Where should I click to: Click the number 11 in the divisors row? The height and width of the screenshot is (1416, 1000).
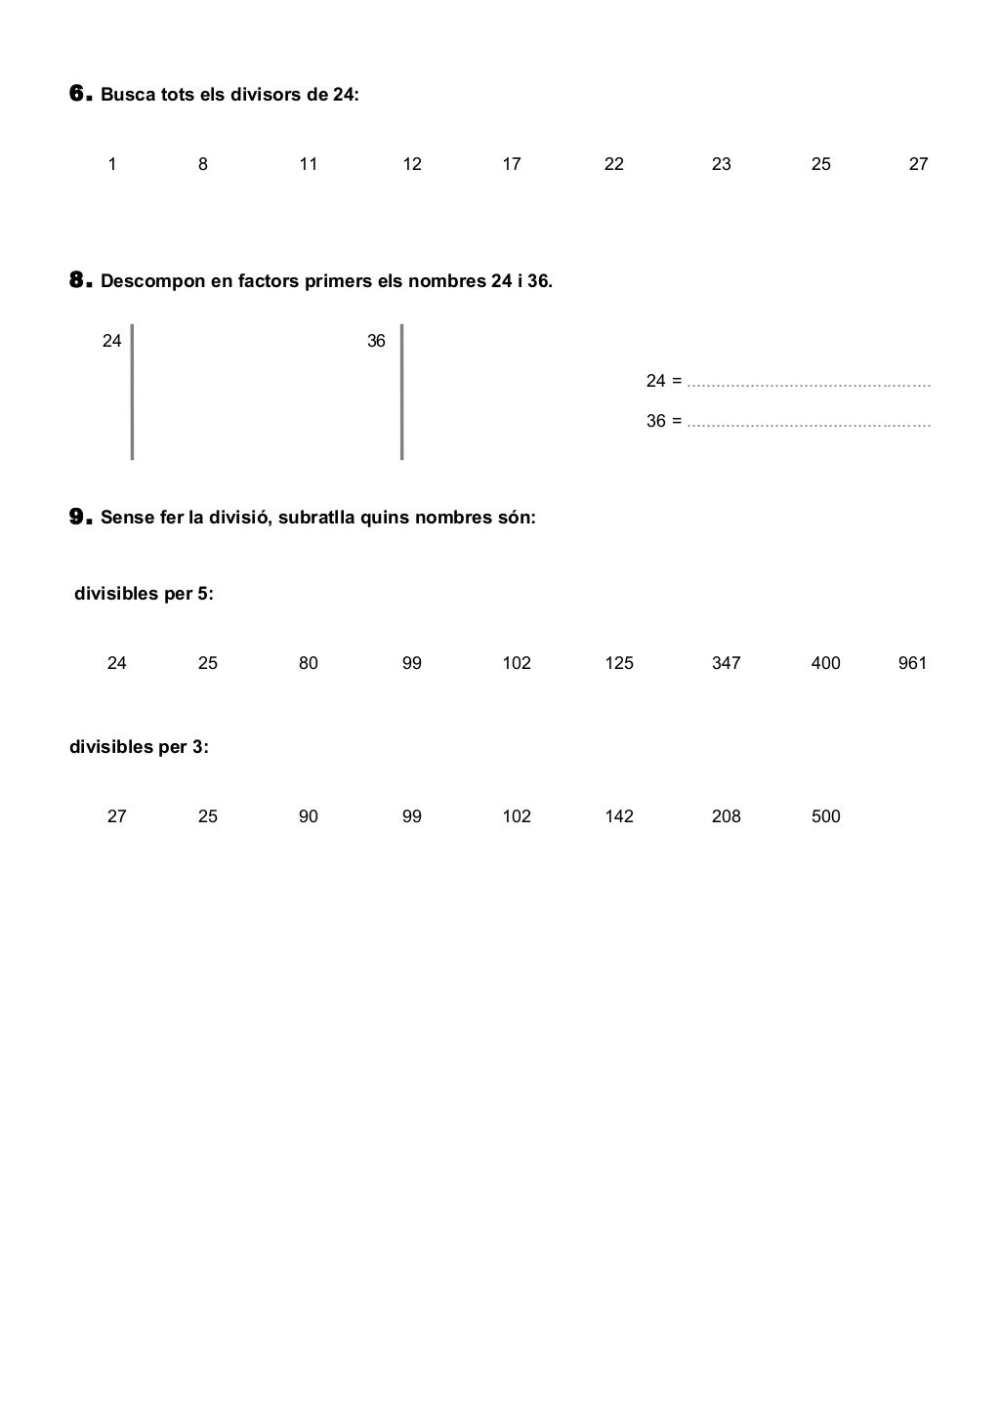coord(309,164)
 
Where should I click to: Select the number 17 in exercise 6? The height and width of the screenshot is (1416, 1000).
coord(512,164)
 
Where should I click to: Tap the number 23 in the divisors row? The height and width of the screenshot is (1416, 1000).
coord(722,164)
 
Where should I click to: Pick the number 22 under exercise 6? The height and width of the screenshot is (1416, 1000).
coord(614,164)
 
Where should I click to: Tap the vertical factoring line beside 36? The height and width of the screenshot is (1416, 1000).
coord(401,392)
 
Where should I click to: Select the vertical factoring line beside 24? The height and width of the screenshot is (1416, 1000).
coord(132,392)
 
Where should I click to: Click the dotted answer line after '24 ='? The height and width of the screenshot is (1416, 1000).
coord(809,383)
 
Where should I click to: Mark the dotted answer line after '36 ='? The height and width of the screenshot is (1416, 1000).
coord(809,424)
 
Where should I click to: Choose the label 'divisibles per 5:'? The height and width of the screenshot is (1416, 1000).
coord(144,594)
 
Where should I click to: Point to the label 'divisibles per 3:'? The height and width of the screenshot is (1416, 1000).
coord(139,747)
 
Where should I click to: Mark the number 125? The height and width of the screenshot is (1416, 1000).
coord(619,663)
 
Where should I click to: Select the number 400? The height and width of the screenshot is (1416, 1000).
coord(826,663)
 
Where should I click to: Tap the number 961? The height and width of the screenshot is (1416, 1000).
coord(912,663)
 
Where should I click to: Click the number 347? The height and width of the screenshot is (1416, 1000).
coord(727,663)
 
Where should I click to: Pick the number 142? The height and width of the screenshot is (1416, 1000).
coord(619,816)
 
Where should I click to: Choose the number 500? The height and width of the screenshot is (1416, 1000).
coord(826,816)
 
